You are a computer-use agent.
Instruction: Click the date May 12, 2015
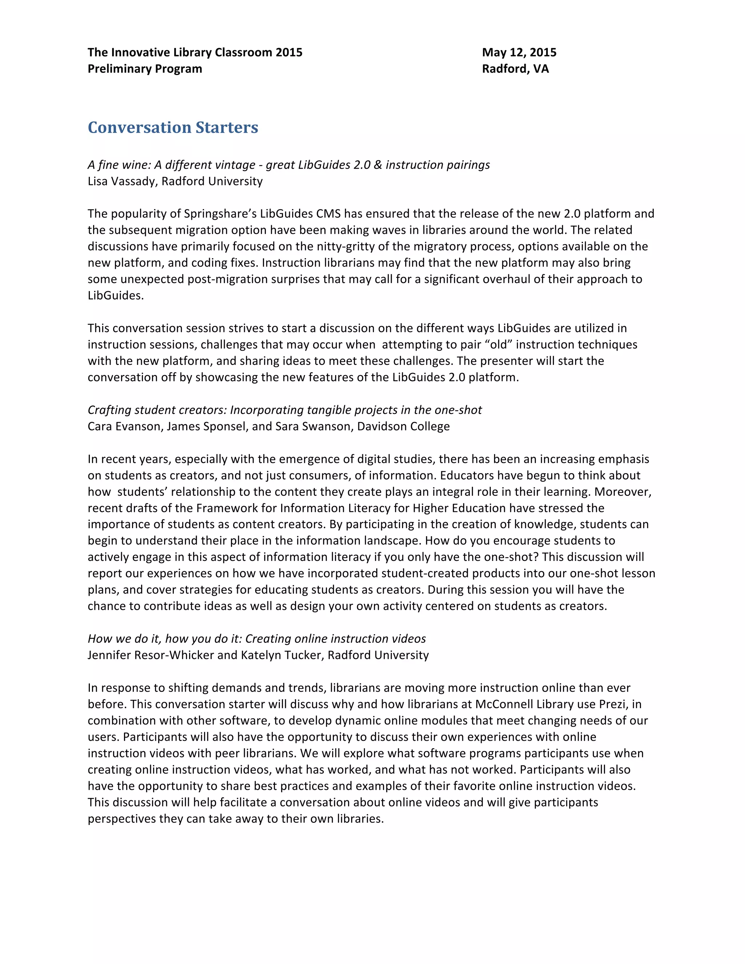click(519, 52)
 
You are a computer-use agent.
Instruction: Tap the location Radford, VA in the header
click(515, 69)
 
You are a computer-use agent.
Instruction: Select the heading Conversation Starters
click(173, 128)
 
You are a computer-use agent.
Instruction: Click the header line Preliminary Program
click(145, 69)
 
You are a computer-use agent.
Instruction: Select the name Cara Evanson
click(124, 426)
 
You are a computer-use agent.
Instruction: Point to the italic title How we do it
click(256, 639)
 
